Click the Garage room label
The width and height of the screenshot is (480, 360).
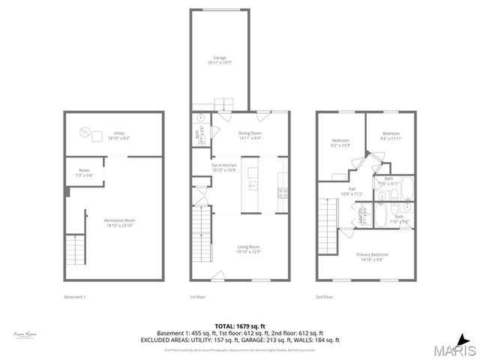click(x=219, y=59)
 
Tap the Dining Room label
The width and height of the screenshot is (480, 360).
click(x=250, y=136)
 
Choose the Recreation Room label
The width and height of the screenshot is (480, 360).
click(x=119, y=222)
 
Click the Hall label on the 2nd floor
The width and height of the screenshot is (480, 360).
click(x=352, y=191)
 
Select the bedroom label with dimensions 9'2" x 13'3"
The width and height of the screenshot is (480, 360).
click(x=341, y=143)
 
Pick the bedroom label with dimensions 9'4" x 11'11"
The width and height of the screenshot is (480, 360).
click(x=392, y=136)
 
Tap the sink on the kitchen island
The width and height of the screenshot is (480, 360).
click(x=253, y=184)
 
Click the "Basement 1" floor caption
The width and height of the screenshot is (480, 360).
click(x=75, y=298)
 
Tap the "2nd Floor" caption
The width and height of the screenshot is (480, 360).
click(x=325, y=298)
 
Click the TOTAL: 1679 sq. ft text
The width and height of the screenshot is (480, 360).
click(x=239, y=325)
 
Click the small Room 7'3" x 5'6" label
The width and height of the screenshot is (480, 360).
click(x=84, y=172)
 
